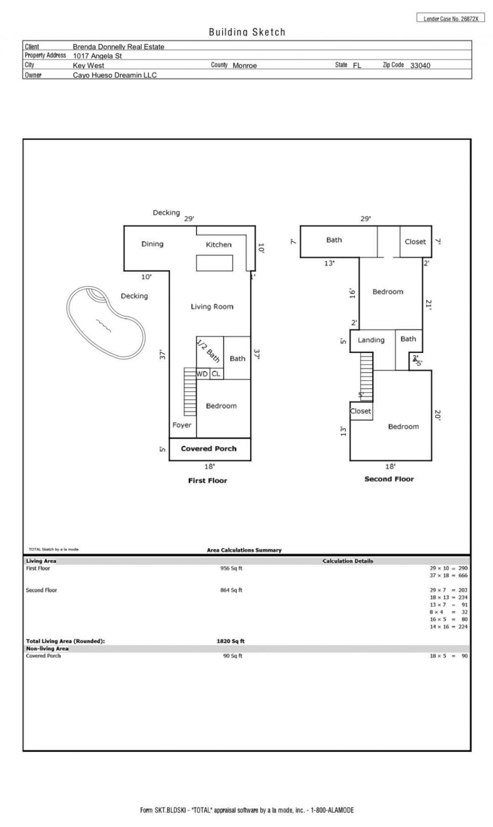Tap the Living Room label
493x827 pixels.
[212, 306]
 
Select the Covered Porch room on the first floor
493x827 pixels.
[209, 449]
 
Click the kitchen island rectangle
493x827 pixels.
[214, 263]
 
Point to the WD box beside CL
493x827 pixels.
[202, 374]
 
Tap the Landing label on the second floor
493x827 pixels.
[371, 340]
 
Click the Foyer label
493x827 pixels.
[182, 425]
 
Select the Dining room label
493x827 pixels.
[152, 244]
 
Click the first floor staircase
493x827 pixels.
[190, 392]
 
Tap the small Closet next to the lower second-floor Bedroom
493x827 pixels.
[361, 411]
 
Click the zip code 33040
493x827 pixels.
[420, 65]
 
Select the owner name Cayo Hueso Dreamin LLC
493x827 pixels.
[115, 75]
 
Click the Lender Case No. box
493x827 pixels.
[450, 18]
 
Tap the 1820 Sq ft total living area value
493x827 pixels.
[231, 641]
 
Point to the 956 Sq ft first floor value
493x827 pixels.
[231, 569]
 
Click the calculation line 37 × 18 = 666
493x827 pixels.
[448, 575]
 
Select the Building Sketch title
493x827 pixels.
[247, 32]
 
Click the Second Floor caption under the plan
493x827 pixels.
[389, 479]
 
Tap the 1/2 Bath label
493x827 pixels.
[208, 351]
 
